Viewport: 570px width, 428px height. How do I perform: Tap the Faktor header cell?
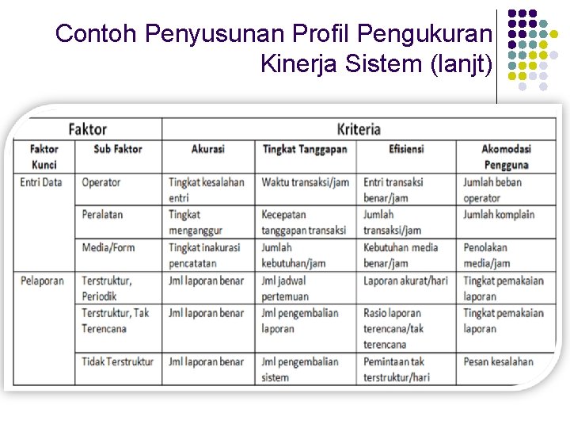click(87, 128)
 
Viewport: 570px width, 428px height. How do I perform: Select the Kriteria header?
click(359, 128)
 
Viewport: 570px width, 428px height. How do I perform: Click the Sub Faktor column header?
click(118, 149)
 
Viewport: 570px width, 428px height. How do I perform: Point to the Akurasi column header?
click(208, 149)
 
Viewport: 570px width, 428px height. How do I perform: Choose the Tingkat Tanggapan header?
click(305, 149)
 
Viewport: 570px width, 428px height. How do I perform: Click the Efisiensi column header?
click(406, 149)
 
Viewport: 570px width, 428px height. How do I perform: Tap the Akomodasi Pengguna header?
click(506, 156)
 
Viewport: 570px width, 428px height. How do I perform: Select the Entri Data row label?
click(41, 182)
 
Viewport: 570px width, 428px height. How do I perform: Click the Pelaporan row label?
click(42, 281)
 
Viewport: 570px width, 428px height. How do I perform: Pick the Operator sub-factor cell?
click(101, 182)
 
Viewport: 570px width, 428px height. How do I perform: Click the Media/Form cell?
click(108, 247)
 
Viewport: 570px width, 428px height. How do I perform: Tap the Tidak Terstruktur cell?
click(118, 361)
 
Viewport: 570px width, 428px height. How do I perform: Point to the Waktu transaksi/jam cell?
click(306, 182)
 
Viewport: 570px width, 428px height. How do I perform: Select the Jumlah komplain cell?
click(499, 215)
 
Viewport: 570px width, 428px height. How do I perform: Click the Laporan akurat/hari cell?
click(405, 281)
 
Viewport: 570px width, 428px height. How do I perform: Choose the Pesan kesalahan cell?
click(499, 361)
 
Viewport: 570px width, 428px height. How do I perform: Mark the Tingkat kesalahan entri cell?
click(206, 189)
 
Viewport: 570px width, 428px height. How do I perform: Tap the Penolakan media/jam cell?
click(487, 254)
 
